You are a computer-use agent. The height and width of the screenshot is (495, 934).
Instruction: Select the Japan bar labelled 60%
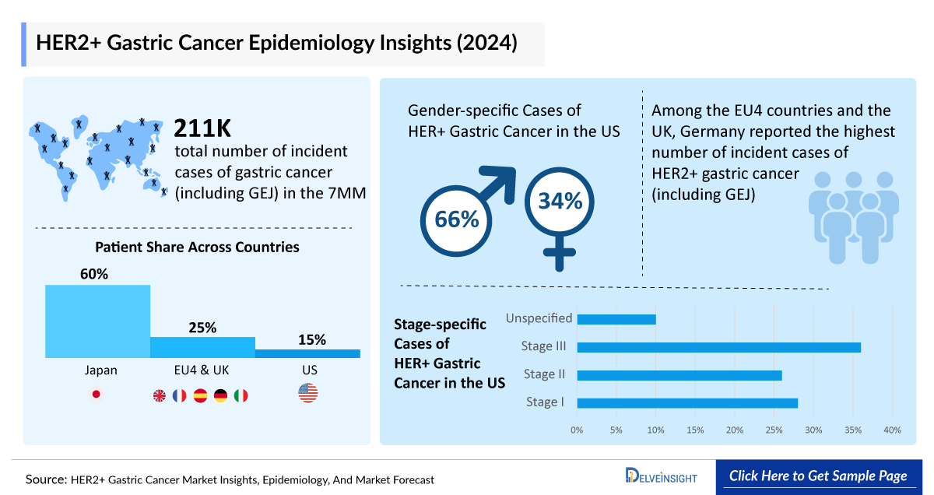[97, 321]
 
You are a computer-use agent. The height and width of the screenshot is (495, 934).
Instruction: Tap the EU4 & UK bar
[202, 347]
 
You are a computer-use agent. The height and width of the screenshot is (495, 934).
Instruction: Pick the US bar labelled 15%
[307, 353]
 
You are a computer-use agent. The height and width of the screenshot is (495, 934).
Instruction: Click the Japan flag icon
[97, 395]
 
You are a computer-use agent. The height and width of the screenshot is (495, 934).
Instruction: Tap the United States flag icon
[308, 394]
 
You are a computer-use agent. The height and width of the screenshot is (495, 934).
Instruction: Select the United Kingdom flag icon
[160, 395]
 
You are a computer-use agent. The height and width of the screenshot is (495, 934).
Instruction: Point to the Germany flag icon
[221, 395]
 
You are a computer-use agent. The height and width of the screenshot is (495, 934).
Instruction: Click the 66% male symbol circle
[457, 220]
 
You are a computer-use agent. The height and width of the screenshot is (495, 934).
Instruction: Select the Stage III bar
[718, 347]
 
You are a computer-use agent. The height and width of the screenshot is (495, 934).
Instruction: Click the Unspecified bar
[616, 319]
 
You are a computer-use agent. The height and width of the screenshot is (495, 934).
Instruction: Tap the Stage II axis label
[545, 374]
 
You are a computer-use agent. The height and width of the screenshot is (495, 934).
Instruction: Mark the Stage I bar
[687, 403]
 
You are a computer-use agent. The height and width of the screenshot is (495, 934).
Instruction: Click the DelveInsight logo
[661, 476]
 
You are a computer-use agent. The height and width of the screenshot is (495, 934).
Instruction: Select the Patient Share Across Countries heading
[197, 247]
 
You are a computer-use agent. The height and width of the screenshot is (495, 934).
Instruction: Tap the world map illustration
[97, 156]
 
